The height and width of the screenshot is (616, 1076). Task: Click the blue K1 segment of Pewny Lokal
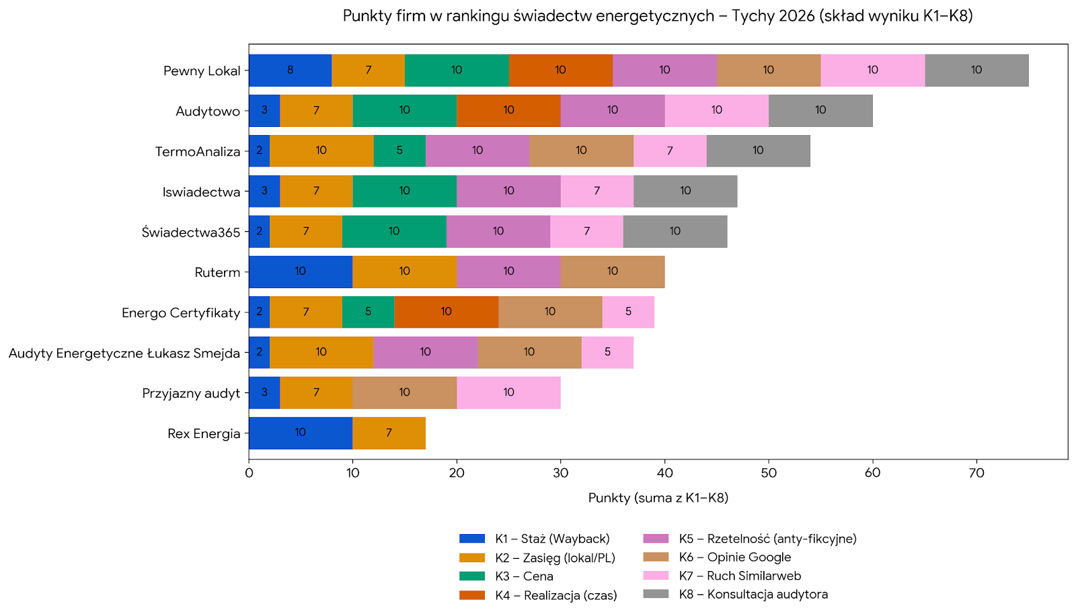(290, 70)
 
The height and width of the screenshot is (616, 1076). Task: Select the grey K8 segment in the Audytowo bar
(820, 110)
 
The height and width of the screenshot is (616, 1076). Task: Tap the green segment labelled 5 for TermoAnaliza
(399, 150)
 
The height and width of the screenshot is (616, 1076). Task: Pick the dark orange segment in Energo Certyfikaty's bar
(446, 312)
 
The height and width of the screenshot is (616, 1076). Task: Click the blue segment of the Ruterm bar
(300, 271)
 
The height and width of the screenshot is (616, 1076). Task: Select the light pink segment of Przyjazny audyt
(508, 392)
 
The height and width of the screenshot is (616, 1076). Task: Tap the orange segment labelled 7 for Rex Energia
(389, 433)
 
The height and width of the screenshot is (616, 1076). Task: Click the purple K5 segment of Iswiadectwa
(508, 191)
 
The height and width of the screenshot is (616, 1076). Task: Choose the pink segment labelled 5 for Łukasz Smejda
(607, 352)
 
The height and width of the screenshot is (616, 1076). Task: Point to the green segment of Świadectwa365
(394, 231)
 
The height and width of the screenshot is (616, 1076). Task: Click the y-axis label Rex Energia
(204, 433)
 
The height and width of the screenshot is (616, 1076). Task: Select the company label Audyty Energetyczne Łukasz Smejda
(124, 353)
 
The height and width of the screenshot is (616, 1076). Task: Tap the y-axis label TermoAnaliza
(198, 151)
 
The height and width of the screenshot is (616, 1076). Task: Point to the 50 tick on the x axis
(769, 473)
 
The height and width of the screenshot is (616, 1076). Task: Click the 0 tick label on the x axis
(249, 473)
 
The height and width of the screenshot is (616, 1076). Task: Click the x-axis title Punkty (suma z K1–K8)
(658, 498)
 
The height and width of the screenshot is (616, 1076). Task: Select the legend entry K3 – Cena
(524, 576)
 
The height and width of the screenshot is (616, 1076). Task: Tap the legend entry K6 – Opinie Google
(734, 558)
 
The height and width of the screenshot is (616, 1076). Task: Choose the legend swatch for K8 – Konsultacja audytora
(656, 595)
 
